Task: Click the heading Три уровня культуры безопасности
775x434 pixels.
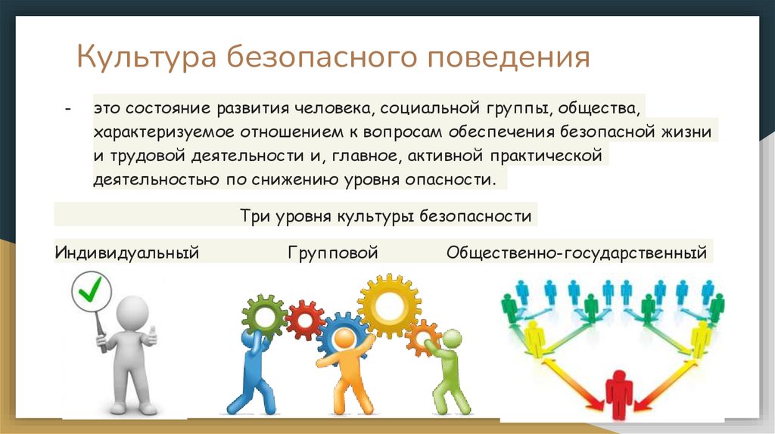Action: point(385,215)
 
